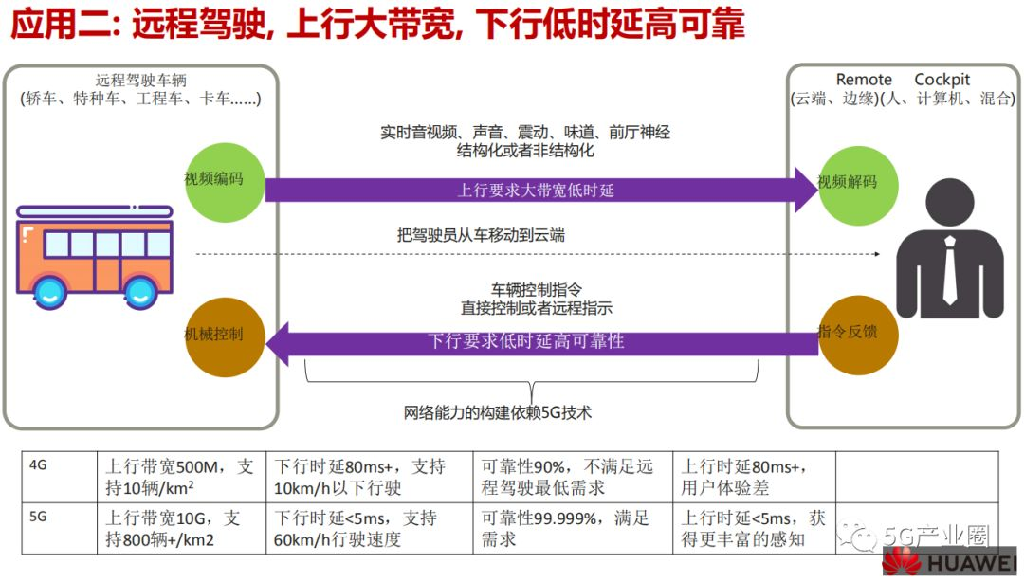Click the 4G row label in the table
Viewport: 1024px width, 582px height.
39,465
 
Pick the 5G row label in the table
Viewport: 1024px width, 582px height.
39,518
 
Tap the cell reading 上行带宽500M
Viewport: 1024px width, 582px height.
179,478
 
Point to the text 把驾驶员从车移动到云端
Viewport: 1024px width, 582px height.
481,235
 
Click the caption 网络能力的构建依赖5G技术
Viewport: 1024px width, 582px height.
497,412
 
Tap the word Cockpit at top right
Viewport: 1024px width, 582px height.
942,80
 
